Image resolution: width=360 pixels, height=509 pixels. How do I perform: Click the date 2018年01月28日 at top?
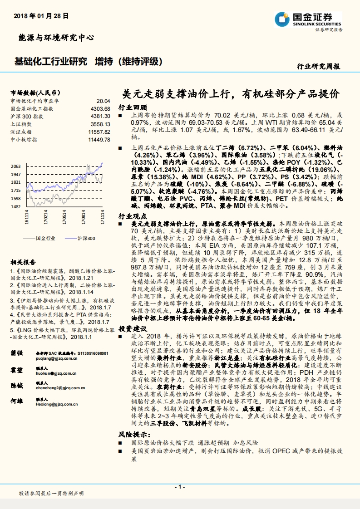pyautogui.click(x=41, y=15)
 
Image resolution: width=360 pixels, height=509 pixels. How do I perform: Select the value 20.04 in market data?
pyautogui.click(x=103, y=101)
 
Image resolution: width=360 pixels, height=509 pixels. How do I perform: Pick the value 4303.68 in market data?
pyautogui.click(x=100, y=108)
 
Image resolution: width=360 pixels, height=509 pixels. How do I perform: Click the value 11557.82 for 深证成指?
pyautogui.click(x=99, y=131)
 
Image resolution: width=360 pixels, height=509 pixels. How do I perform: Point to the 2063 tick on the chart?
pyautogui.click(x=16, y=166)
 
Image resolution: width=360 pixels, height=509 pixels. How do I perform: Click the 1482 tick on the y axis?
pyautogui.click(x=16, y=206)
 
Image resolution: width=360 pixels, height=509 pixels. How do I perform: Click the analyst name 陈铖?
pyautogui.click(x=16, y=385)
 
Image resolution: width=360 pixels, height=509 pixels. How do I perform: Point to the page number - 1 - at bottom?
pyautogui.click(x=180, y=487)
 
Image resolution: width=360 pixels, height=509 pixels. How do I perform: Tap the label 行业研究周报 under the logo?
pyautogui.click(x=318, y=66)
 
